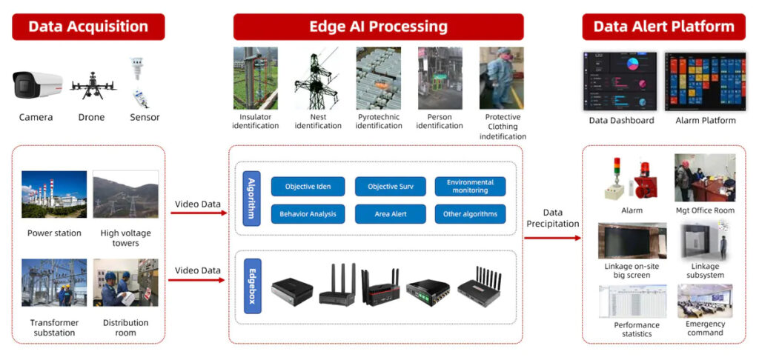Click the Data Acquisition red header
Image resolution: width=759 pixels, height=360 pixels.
point(88,27)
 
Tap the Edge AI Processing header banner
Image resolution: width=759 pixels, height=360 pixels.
point(378,27)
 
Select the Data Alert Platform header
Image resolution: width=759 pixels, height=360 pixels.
point(663,27)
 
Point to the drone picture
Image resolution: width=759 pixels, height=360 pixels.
point(93,86)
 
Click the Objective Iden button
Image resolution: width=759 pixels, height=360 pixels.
point(308,187)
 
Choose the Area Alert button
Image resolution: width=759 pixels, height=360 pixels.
point(391,214)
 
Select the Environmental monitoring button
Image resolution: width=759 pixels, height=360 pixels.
point(470,187)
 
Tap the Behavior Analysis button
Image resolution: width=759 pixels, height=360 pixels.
point(308,214)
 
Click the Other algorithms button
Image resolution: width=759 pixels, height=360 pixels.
point(470,214)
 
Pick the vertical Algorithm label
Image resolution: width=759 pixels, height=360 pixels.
point(251,197)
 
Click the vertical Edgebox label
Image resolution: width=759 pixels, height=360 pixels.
point(251,286)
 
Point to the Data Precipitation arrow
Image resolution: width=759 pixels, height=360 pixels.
point(552,238)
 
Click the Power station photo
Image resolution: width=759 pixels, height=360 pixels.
point(54,196)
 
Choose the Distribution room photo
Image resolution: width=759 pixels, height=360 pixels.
point(125,283)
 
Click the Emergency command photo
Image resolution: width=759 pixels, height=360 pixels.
point(705,301)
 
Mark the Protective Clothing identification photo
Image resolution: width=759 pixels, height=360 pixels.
point(502,79)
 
